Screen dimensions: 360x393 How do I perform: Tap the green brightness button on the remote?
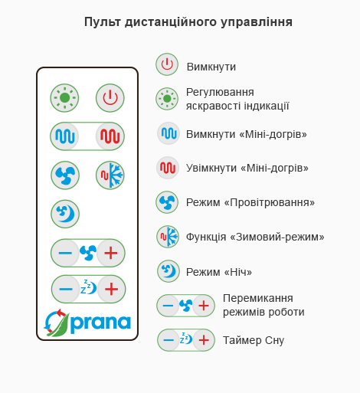click(x=64, y=98)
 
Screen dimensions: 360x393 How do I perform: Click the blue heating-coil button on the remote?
click(x=65, y=136)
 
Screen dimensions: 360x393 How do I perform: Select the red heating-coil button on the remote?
click(x=110, y=136)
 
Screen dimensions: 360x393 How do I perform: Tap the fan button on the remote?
click(x=65, y=175)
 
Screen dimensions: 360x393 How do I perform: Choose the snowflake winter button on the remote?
click(x=110, y=175)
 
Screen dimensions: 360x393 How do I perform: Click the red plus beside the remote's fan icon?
click(x=111, y=253)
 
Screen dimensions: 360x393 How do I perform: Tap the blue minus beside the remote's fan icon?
click(x=65, y=253)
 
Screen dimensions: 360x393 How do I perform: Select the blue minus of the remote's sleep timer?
click(x=66, y=289)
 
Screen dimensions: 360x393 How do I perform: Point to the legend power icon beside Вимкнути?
click(x=167, y=64)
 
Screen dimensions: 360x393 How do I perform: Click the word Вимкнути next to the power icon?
click(x=211, y=67)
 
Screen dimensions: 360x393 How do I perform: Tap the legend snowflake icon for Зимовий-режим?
click(x=168, y=237)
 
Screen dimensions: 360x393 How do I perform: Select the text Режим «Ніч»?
click(x=219, y=272)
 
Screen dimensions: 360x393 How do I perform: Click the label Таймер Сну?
click(x=254, y=340)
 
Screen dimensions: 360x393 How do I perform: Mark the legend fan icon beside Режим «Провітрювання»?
click(x=167, y=202)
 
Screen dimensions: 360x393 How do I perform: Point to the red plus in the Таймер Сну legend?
click(x=204, y=340)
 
